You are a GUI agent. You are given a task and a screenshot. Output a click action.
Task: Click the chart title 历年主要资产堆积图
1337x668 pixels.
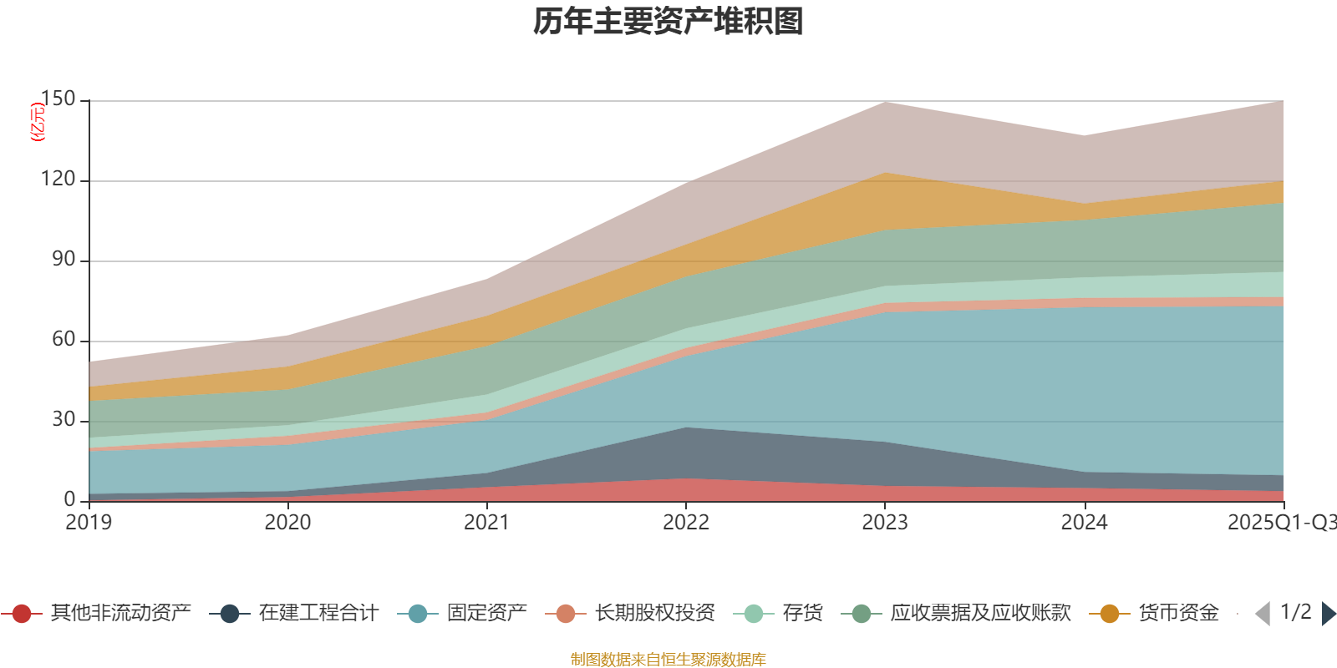pyautogui.click(x=668, y=22)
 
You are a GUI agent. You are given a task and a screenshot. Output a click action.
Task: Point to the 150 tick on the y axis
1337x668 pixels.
pyautogui.click(x=58, y=99)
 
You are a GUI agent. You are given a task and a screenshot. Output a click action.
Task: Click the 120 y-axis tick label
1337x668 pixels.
pyautogui.click(x=58, y=180)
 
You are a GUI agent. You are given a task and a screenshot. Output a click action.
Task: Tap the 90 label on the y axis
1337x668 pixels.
pyautogui.click(x=64, y=260)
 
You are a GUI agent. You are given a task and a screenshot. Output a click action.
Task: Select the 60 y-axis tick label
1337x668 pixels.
pyautogui.click(x=64, y=340)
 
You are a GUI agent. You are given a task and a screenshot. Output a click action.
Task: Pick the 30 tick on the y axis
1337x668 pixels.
pyautogui.click(x=64, y=420)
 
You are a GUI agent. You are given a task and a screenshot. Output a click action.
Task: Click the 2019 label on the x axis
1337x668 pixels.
pyautogui.click(x=89, y=523)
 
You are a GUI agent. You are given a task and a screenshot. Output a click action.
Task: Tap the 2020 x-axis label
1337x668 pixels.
pyautogui.click(x=287, y=523)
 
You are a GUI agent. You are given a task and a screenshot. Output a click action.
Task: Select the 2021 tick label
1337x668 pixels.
pyautogui.click(x=486, y=523)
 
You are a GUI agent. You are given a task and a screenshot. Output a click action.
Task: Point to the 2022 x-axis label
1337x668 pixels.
pyautogui.click(x=686, y=523)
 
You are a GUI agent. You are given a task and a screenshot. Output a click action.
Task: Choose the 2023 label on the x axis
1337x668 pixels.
pyautogui.click(x=885, y=523)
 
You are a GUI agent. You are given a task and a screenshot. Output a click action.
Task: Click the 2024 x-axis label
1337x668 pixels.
pyautogui.click(x=1084, y=523)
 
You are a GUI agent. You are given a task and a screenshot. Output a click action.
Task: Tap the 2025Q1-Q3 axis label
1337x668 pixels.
pyautogui.click(x=1280, y=523)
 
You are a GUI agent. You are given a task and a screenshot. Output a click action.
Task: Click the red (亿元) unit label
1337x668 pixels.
pyautogui.click(x=37, y=122)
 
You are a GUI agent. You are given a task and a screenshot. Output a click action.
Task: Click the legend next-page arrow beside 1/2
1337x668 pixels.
pyautogui.click(x=1329, y=614)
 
